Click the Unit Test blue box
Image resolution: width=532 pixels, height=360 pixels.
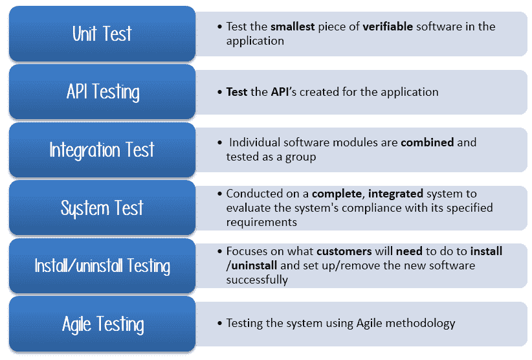(102, 34)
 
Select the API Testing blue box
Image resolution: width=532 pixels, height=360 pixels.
(102, 91)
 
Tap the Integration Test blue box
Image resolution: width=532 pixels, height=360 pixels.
(102, 150)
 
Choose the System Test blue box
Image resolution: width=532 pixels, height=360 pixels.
(102, 208)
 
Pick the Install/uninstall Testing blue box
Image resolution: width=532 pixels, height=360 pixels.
(102, 265)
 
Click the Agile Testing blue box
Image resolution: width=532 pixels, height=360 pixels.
(102, 324)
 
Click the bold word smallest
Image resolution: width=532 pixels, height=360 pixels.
(293, 27)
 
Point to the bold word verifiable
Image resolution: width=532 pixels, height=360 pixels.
(388, 27)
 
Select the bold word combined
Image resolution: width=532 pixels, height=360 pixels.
(427, 142)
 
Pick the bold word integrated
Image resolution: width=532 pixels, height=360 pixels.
(395, 194)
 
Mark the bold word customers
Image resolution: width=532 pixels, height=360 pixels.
(344, 251)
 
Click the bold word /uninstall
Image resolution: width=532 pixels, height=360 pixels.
(251, 265)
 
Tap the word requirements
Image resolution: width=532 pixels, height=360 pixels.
(261, 222)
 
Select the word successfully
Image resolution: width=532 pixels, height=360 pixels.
(257, 280)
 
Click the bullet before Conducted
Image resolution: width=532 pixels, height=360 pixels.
(220, 194)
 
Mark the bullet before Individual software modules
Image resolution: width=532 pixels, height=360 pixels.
(220, 142)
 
